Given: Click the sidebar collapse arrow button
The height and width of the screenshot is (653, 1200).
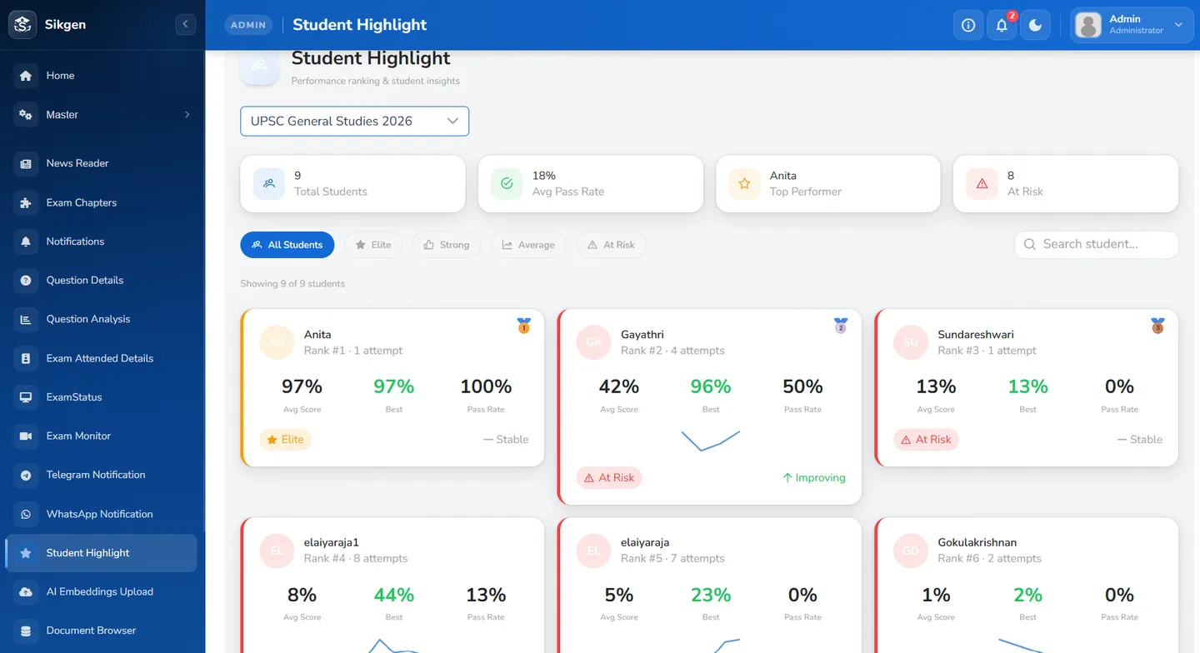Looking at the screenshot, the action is tap(185, 24).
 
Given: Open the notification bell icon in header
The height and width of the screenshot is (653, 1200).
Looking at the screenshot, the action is tap(1002, 25).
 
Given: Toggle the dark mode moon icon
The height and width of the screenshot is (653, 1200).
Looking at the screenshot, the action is tap(1035, 25).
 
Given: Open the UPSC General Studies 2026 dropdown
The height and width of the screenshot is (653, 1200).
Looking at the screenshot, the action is tap(354, 121).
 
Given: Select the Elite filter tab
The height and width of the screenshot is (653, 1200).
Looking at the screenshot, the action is tap(372, 245).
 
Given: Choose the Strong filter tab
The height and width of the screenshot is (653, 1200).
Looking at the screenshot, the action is tap(447, 245).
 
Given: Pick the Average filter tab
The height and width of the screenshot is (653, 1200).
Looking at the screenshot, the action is tap(527, 245).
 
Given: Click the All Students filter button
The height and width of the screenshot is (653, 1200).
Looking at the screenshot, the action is tap(287, 245).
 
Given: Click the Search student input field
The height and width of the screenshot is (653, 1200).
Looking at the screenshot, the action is tap(1096, 244).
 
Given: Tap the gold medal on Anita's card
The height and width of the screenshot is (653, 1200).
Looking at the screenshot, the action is tap(524, 326).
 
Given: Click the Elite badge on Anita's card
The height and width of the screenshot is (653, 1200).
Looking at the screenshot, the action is tap(285, 440).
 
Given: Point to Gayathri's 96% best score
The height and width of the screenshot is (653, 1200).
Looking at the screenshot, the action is tap(710, 386).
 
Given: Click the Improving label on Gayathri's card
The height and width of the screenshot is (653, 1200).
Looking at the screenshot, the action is tap(813, 477).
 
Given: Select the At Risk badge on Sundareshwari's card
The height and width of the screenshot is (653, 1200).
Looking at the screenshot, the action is tap(926, 440).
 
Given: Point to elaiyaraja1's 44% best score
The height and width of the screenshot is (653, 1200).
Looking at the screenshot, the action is tap(393, 595).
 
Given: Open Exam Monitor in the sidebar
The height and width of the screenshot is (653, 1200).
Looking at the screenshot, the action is tap(78, 436).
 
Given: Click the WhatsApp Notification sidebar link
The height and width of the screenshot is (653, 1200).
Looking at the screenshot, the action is tap(99, 514).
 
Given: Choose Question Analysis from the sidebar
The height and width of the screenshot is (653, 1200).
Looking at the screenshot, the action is tap(87, 319).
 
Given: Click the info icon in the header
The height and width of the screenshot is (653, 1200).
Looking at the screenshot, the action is tap(968, 25).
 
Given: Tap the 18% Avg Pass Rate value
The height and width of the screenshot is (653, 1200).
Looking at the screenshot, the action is tap(543, 176).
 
